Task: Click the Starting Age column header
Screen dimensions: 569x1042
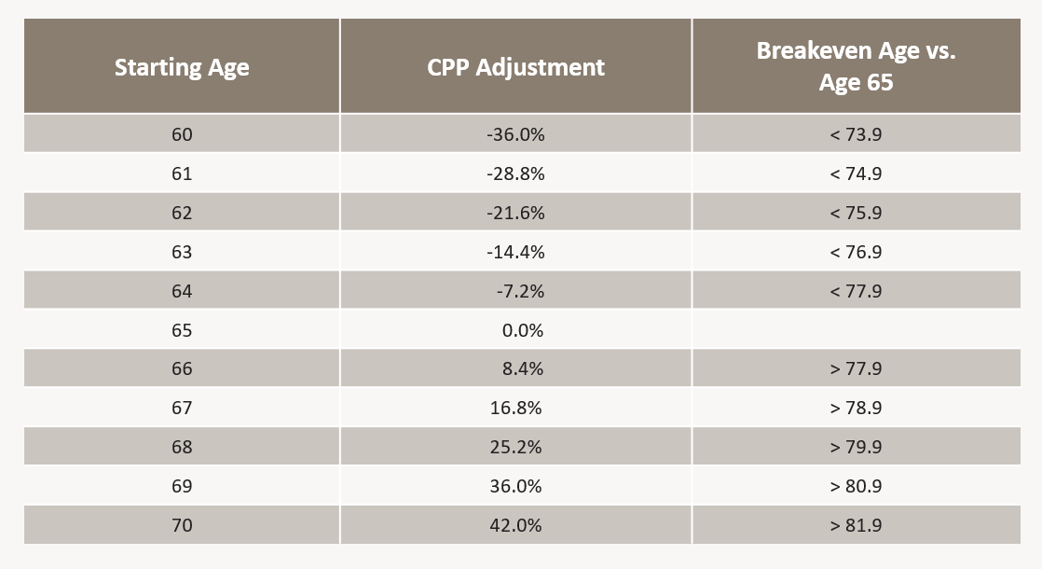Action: pyautogui.click(x=182, y=67)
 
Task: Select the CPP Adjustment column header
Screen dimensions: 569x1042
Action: pyautogui.click(x=515, y=67)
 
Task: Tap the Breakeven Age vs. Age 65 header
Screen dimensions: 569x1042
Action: pyautogui.click(x=856, y=66)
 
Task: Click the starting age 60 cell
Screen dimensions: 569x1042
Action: pyautogui.click(x=182, y=134)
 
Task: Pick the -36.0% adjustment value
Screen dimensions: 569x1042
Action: pyautogui.click(x=515, y=134)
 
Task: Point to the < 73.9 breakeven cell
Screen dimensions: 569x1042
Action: pyautogui.click(x=856, y=134)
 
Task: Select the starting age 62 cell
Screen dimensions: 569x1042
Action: pyautogui.click(x=182, y=213)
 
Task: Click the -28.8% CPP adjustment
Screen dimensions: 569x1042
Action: pyautogui.click(x=515, y=173)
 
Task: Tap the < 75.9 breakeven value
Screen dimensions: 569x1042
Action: pyautogui.click(x=856, y=213)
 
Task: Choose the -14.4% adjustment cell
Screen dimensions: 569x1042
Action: pyautogui.click(x=515, y=252)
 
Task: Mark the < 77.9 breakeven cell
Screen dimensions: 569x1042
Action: pyautogui.click(x=856, y=291)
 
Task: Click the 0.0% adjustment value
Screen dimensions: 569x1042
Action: pyautogui.click(x=522, y=330)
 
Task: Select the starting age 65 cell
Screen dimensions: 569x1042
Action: pyautogui.click(x=182, y=330)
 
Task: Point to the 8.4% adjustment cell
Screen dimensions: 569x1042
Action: pyautogui.click(x=522, y=368)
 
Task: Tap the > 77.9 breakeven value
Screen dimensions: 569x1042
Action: pyautogui.click(x=856, y=368)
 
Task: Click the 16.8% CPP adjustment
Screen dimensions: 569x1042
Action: pyautogui.click(x=515, y=408)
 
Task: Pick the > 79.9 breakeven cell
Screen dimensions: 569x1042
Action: pyautogui.click(x=856, y=447)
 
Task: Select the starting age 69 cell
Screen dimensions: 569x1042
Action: pyautogui.click(x=182, y=486)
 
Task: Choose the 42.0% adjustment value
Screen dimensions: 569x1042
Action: pyautogui.click(x=515, y=525)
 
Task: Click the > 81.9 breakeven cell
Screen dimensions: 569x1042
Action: pyautogui.click(x=856, y=525)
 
